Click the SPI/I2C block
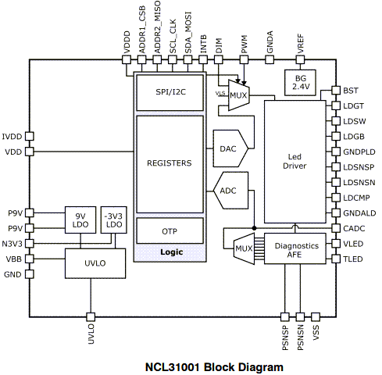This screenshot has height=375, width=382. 170,93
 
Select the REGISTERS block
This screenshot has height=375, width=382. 170,164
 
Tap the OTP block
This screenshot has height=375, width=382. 170,231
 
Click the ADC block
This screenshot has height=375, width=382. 230,191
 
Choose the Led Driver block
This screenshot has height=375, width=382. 295,162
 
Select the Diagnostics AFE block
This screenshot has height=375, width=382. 295,248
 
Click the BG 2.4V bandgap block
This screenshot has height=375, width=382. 300,83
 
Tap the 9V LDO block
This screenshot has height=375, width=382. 80,220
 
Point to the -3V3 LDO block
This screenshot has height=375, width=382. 114,220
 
